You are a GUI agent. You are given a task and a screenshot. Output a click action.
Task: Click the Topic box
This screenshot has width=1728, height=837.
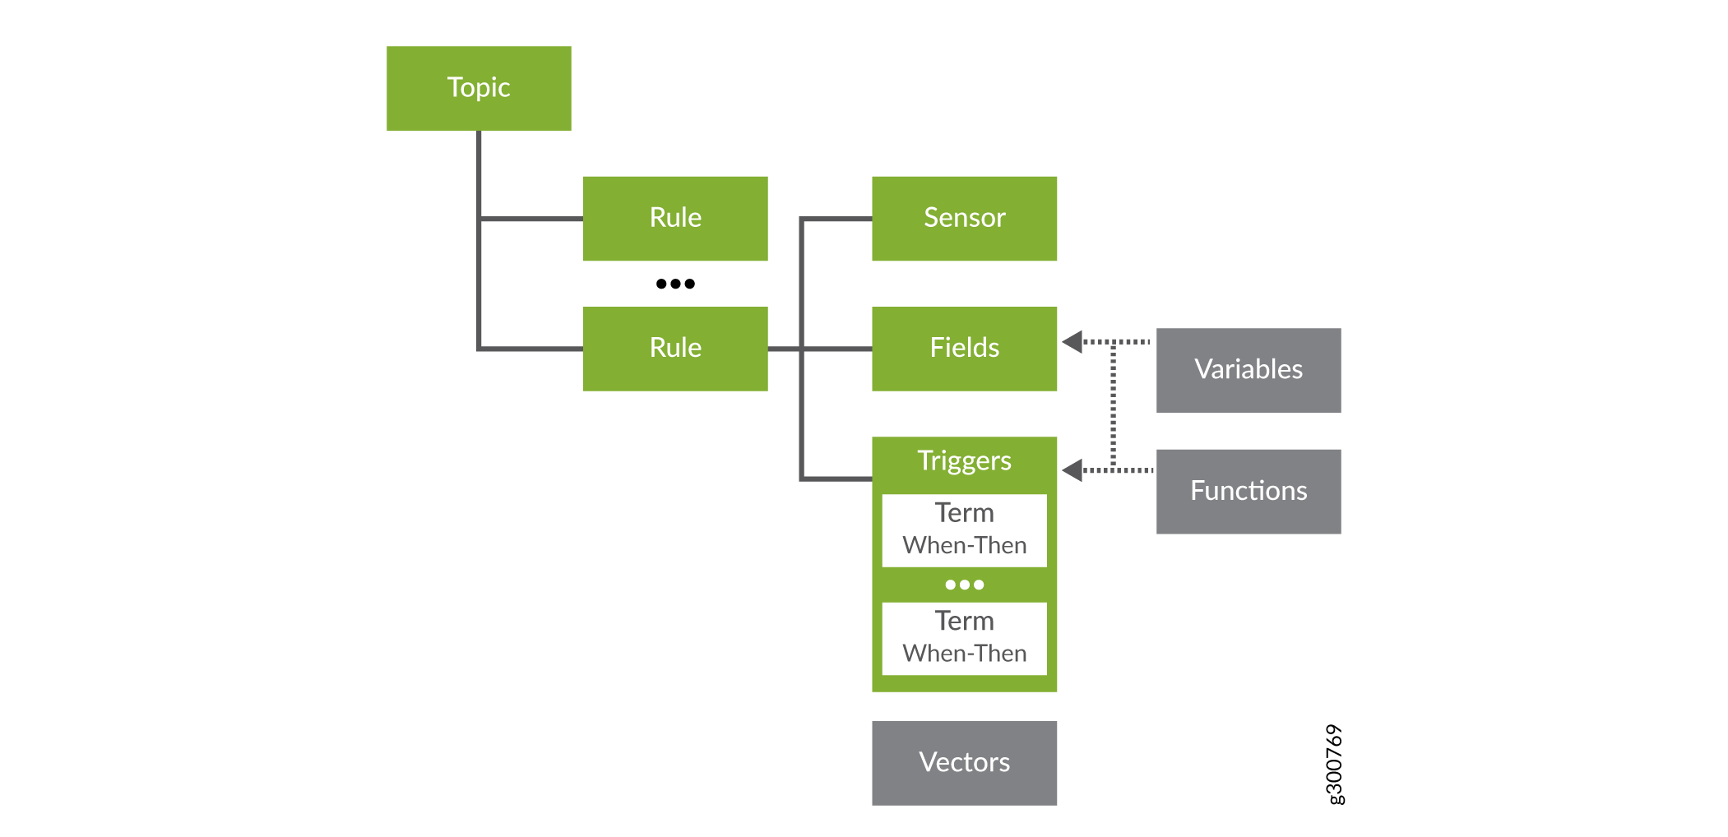click(479, 88)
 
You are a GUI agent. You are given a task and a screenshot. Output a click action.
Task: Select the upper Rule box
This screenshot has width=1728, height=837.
click(675, 218)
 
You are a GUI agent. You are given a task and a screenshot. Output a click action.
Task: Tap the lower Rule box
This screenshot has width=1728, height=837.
click(675, 349)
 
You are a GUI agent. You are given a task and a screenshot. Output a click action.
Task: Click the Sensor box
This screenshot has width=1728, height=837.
click(964, 218)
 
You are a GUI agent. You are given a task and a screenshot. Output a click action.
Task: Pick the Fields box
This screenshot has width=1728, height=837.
click(964, 349)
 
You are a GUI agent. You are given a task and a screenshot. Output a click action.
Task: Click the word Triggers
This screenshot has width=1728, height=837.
click(964, 461)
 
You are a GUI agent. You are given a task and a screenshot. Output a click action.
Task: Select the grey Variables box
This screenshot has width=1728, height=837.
click(1249, 370)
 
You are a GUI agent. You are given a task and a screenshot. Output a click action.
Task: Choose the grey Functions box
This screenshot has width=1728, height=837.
click(1249, 491)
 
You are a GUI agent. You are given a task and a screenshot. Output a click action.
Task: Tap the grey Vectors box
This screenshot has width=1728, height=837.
click(964, 763)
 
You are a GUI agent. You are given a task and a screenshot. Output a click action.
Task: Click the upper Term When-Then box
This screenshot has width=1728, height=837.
click(964, 529)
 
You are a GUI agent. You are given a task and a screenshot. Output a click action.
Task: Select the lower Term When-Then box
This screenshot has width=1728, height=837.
click(964, 638)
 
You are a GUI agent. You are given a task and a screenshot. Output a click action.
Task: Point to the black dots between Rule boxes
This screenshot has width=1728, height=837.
click(675, 284)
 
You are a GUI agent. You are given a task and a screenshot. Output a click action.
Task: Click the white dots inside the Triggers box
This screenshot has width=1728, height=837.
click(964, 585)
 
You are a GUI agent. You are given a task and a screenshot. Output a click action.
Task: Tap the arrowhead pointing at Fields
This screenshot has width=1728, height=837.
click(1072, 341)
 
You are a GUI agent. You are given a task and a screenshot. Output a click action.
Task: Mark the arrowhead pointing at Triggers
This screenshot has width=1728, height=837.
click(1072, 470)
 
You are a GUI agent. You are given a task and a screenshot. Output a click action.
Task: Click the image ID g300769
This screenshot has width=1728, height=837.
click(1335, 765)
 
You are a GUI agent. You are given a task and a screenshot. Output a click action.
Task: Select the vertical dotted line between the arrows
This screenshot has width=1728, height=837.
click(1114, 405)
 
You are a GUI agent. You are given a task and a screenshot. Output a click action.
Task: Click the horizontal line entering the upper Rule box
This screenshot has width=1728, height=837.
click(530, 219)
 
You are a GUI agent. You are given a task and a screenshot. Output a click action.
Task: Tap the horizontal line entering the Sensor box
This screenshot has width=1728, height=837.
click(837, 219)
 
